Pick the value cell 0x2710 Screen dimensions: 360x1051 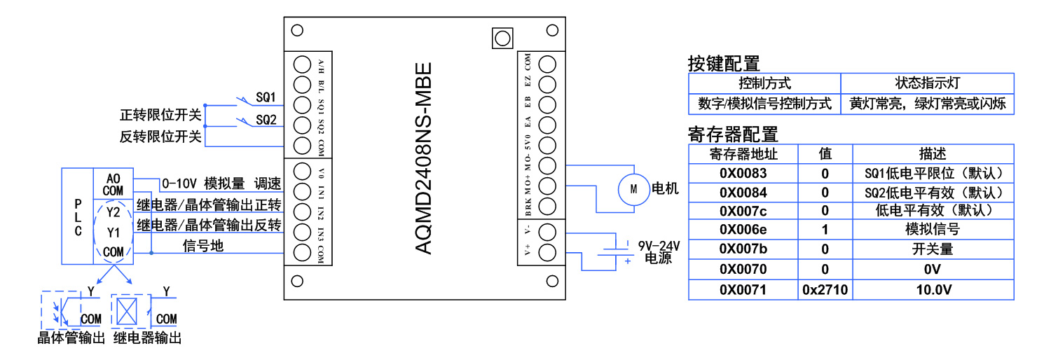tap(825, 289)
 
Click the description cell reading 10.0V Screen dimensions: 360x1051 tap(932, 289)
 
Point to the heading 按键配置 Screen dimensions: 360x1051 tap(724, 64)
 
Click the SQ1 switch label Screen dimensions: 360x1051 tap(266, 97)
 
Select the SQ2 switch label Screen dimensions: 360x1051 tap(266, 120)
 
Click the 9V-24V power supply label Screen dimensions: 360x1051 tap(659, 247)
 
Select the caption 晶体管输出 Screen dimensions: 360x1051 tap(71, 339)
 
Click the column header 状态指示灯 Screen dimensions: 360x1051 tap(927, 83)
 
